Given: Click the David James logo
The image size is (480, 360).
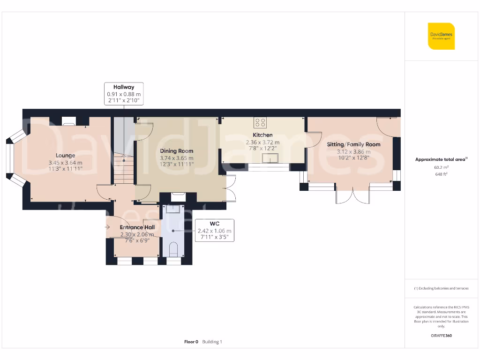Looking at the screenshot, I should (x=441, y=36).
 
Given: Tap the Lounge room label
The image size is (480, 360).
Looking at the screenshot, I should (x=65, y=156).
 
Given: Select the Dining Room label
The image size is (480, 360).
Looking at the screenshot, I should (x=176, y=151).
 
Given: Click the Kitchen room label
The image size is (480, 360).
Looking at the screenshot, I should (x=262, y=135).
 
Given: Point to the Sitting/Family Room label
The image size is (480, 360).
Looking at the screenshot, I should (x=353, y=144).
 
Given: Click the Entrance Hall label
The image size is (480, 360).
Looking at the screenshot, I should (x=137, y=227).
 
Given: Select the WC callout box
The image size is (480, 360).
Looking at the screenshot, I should (x=214, y=231).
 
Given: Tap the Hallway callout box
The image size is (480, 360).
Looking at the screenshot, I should (x=124, y=94).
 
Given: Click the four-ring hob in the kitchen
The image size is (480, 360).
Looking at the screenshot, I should (x=260, y=123).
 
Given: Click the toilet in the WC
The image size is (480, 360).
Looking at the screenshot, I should (x=173, y=249).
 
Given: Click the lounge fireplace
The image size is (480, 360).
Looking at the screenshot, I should (x=69, y=121).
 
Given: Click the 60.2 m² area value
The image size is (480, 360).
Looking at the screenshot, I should (x=441, y=167).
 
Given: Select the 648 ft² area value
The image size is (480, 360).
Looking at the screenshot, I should (x=441, y=174).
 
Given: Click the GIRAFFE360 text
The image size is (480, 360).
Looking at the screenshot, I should (x=441, y=336).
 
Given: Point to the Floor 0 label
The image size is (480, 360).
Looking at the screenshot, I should (x=191, y=342).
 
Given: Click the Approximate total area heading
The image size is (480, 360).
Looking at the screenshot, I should (x=441, y=159).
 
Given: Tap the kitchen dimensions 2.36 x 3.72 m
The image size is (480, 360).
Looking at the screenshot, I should (x=262, y=142).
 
